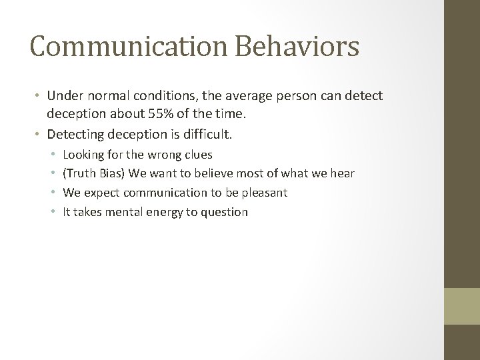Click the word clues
tap(197, 155)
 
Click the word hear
tap(342, 173)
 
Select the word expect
tap(100, 193)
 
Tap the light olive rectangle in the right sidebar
tap(462, 306)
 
